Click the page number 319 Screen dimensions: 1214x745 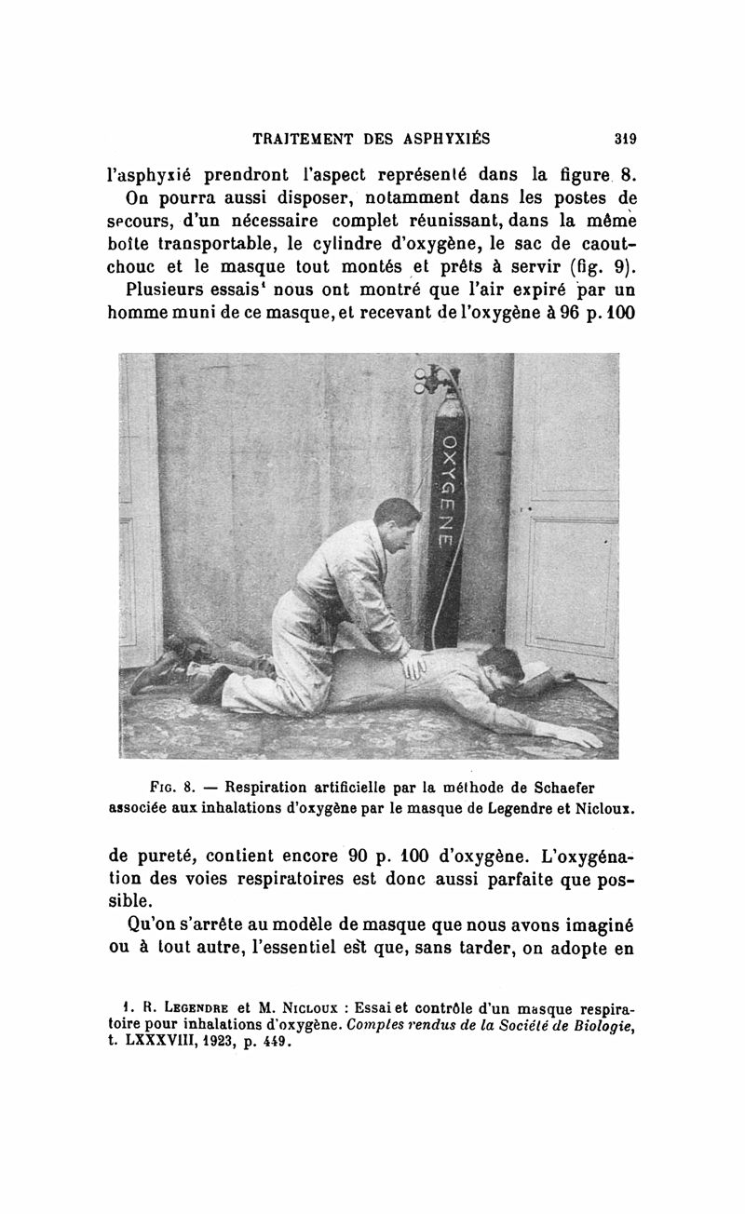pyautogui.click(x=624, y=140)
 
